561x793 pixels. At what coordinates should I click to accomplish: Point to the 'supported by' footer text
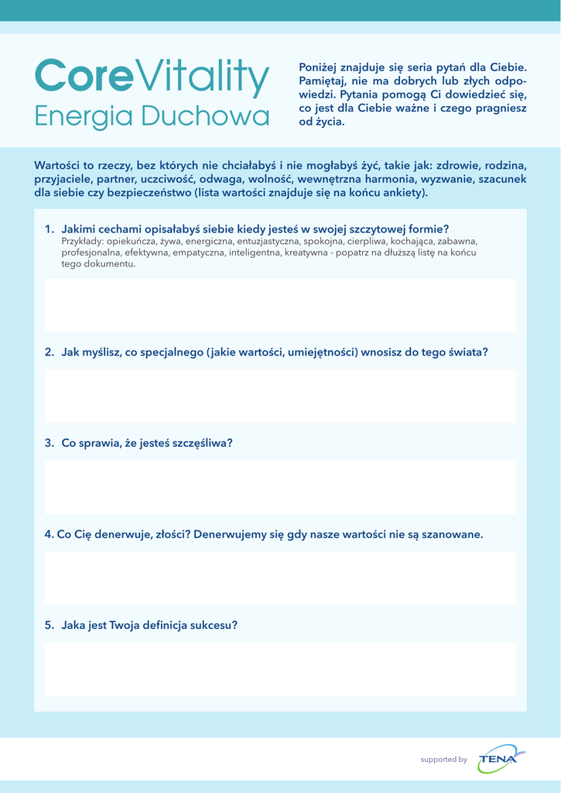click(443, 760)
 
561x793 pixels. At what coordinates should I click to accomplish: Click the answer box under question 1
click(280, 305)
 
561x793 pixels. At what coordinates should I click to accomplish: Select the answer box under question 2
click(280, 396)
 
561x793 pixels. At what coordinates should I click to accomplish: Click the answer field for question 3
click(280, 487)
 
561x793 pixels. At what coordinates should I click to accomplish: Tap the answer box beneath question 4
click(280, 578)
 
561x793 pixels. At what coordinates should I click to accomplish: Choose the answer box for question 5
click(280, 669)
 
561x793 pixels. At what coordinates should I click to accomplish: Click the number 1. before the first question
click(50, 229)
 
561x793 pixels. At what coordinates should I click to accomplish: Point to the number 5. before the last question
click(50, 625)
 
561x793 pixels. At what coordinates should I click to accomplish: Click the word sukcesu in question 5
click(214, 625)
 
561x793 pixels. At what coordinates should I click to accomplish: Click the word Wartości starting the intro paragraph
click(58, 166)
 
